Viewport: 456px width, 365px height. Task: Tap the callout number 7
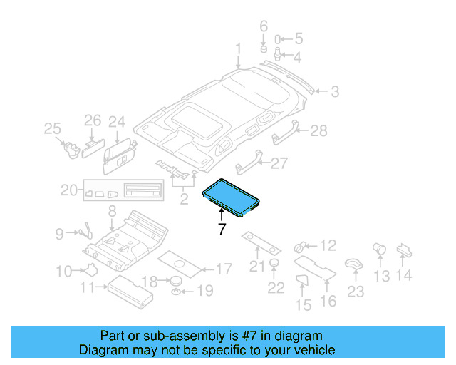[222, 230]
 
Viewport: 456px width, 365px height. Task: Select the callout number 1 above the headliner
[239, 48]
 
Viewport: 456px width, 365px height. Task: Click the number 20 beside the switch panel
[68, 190]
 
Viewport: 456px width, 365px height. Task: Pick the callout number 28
[318, 130]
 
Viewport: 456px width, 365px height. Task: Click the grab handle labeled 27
[244, 160]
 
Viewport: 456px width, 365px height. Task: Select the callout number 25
[52, 128]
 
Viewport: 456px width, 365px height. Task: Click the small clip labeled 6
[263, 49]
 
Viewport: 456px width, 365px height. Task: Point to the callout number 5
[298, 38]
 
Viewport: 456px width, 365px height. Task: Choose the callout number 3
[333, 91]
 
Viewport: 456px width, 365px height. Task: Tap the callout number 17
[223, 269]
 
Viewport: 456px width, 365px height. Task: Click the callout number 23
[355, 292]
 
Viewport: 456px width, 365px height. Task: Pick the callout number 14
[404, 276]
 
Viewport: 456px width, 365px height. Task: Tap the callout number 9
[60, 232]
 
